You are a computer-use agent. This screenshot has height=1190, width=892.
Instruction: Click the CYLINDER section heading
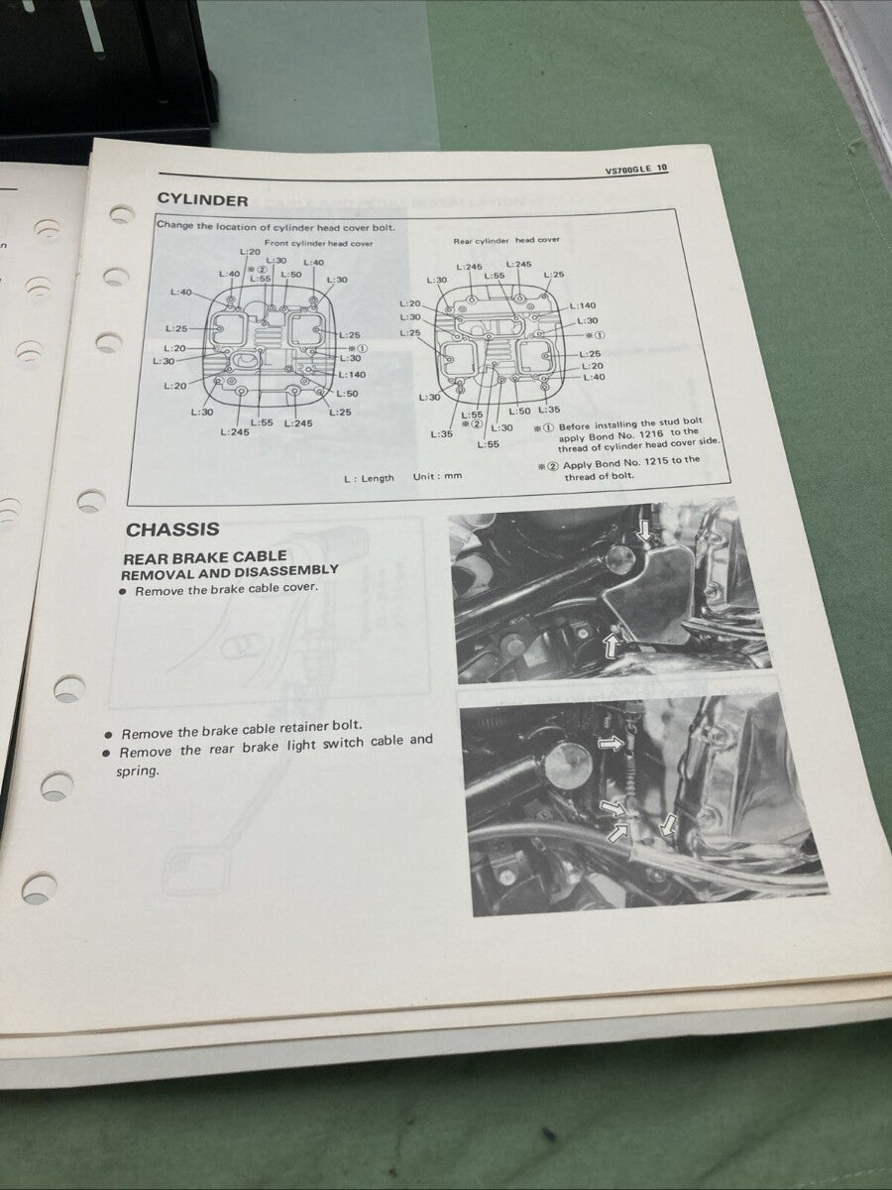(202, 200)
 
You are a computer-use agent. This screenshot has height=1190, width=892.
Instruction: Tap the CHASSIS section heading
(172, 530)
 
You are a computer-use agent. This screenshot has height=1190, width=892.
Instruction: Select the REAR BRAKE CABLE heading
(204, 557)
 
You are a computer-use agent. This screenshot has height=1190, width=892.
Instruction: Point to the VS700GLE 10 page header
(636, 170)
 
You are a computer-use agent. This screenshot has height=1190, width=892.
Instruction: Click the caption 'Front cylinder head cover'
(318, 243)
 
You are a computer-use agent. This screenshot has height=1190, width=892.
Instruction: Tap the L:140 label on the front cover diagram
(352, 375)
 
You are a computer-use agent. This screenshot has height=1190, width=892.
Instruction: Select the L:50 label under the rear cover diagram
(520, 410)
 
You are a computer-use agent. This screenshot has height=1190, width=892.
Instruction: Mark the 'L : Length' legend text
(369, 478)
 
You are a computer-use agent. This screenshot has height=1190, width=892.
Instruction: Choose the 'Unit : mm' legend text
(438, 476)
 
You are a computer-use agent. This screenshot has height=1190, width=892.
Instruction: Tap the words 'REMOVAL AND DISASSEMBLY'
(230, 572)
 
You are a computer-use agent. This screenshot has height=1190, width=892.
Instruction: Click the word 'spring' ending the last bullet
(137, 771)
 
